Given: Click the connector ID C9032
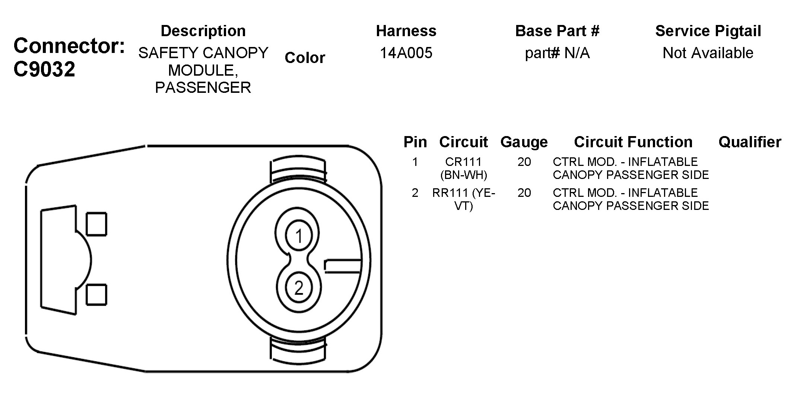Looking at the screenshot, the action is tap(44, 69).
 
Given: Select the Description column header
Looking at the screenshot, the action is tap(203, 31).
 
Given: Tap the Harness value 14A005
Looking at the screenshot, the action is tap(406, 53).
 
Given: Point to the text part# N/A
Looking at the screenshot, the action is tap(557, 53).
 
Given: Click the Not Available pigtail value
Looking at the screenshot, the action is tap(708, 53).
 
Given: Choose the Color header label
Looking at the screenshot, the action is tap(305, 58).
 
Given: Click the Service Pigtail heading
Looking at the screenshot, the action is tap(708, 31).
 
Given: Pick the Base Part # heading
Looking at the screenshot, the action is tap(557, 31).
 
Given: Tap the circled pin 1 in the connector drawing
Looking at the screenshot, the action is tap(298, 236).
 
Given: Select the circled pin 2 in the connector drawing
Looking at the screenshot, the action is tap(298, 288).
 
